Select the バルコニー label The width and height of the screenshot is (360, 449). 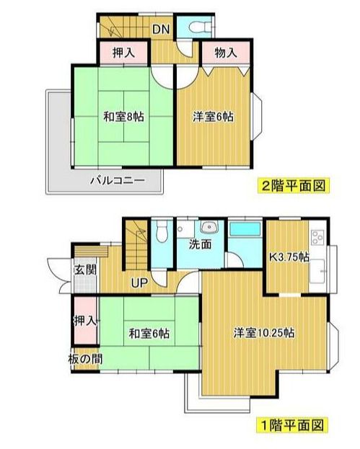click(117, 180)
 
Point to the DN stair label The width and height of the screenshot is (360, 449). click(161, 30)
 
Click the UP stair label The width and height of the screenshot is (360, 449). click(139, 282)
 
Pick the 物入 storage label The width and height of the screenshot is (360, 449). click(225, 52)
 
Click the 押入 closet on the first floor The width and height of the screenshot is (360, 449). click(84, 319)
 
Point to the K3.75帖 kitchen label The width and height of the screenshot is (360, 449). click(290, 257)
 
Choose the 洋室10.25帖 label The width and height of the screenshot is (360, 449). click(263, 333)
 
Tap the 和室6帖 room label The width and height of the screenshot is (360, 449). click(149, 334)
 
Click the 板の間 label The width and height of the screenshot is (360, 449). click(84, 359)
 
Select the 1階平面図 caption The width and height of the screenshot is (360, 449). click(293, 424)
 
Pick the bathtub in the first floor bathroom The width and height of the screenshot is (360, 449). click(245, 230)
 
